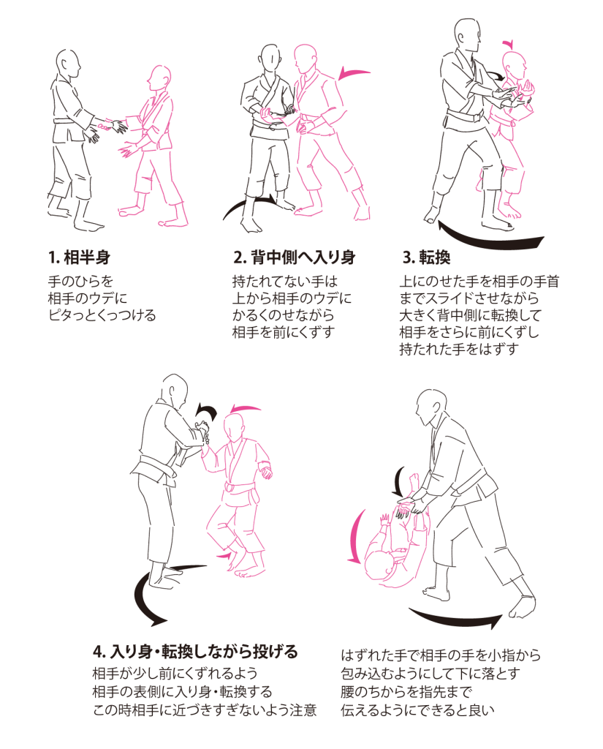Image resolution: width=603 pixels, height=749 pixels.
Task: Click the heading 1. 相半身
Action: (79, 257)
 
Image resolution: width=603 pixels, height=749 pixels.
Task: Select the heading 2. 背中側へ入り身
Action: (294, 257)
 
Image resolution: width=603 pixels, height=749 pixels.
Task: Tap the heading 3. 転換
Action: (426, 257)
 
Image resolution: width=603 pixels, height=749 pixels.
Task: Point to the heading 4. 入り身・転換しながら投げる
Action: (195, 651)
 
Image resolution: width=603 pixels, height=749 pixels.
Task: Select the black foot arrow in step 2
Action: (249, 205)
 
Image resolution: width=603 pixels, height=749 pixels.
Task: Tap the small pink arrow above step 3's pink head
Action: (509, 45)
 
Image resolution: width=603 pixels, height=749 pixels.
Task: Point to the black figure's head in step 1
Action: (67, 64)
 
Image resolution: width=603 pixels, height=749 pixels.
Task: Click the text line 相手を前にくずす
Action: (284, 332)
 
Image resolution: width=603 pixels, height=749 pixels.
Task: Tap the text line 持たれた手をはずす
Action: (459, 349)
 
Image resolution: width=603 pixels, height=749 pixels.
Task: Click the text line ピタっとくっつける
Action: (102, 315)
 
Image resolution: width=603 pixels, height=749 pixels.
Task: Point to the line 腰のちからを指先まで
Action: (407, 692)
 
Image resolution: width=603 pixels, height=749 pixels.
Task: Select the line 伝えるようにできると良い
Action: (417, 710)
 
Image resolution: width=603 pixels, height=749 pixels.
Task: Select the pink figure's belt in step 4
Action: (242, 489)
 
